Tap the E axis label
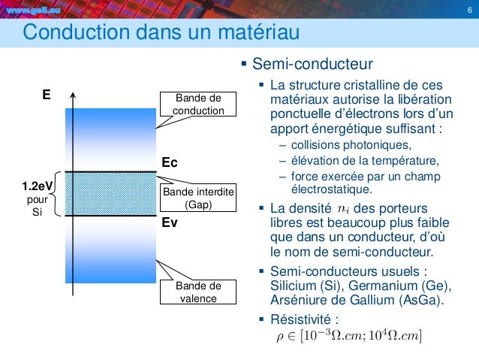(47, 95)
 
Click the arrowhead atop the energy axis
(73, 95)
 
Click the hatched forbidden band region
(109, 195)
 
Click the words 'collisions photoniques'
(345, 145)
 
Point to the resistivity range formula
(349, 334)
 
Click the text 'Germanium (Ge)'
(405, 286)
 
